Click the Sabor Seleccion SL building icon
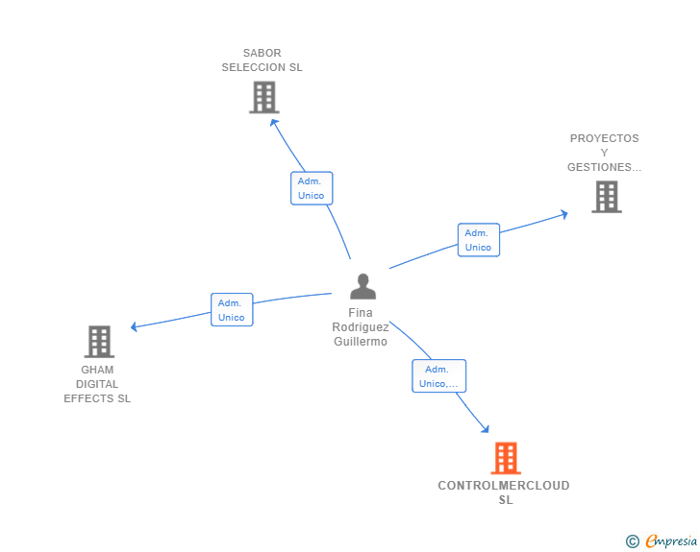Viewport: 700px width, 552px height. coord(263,97)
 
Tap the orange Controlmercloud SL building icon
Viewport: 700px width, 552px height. coord(506,458)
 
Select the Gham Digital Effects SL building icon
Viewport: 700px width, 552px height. coord(99,341)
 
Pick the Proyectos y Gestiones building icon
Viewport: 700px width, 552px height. coord(606,197)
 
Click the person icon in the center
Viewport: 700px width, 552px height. coord(362,286)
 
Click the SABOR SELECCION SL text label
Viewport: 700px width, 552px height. coord(262,60)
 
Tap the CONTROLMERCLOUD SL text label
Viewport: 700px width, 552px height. coord(504,492)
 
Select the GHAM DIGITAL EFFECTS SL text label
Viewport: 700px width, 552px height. coord(97,384)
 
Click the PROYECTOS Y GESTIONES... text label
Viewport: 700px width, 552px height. coord(604,153)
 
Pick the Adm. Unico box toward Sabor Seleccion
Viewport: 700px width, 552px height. coord(312,188)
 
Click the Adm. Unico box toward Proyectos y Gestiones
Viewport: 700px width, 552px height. coord(478,240)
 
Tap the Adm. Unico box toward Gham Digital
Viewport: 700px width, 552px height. coord(232,310)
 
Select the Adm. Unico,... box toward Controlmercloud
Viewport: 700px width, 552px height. coord(438,376)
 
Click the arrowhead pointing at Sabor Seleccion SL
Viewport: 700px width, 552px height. coord(273,121)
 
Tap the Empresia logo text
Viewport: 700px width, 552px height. coord(671,541)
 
